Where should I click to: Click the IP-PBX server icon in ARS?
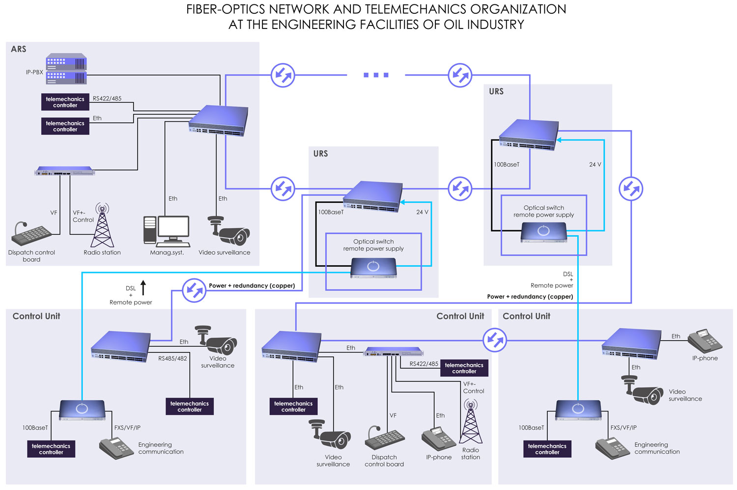[x=66, y=69]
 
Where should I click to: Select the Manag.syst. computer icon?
[x=167, y=231]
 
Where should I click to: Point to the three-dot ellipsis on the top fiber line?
[x=376, y=75]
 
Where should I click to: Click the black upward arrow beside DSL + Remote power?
[x=143, y=288]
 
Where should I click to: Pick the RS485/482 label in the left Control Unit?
[x=172, y=358]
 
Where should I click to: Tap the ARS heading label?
[x=19, y=49]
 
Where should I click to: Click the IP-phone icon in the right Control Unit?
[x=705, y=341]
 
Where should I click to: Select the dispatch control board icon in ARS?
[x=31, y=235]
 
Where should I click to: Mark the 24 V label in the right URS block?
[x=595, y=164]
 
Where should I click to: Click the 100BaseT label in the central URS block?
[x=331, y=212]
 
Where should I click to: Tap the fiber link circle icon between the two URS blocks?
[x=460, y=189]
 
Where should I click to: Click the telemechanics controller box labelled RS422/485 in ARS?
[x=65, y=102]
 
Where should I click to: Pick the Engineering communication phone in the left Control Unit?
[x=116, y=448]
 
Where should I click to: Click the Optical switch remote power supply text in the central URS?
[x=373, y=245]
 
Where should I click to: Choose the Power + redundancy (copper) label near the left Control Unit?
[x=252, y=286]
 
